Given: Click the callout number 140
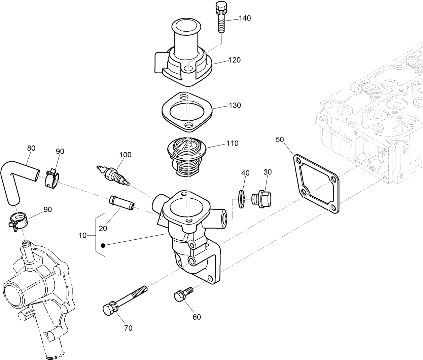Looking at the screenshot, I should tap(245, 18).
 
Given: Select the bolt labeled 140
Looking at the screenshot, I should tap(221, 17).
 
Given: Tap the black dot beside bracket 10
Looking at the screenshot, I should tap(103, 245).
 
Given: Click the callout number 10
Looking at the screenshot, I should tap(82, 236).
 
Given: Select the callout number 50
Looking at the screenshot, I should tap(280, 139).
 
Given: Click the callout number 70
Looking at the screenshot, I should tap(128, 328).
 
